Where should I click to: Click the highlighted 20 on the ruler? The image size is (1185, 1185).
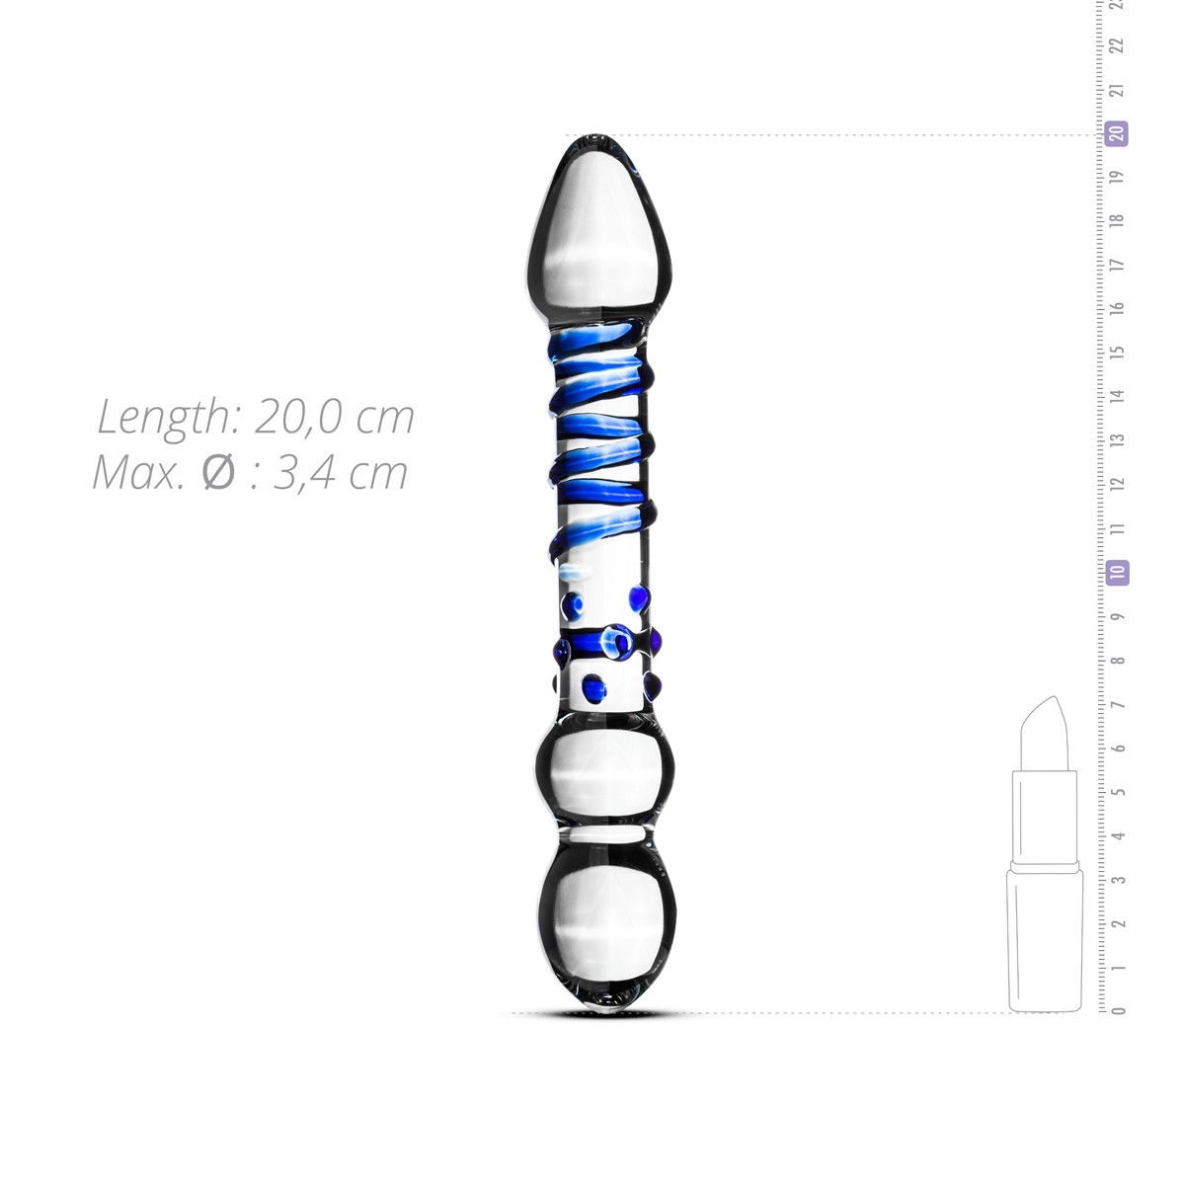[1117, 133]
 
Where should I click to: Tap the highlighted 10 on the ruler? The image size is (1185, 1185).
[1117, 572]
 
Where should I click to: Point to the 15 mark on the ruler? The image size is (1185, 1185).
[1118, 352]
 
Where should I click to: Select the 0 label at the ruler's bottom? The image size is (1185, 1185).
[1118, 1010]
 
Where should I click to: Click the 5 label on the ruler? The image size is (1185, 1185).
[1118, 791]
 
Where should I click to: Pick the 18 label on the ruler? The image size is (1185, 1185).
[1118, 220]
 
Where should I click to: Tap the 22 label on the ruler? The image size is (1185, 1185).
[1118, 45]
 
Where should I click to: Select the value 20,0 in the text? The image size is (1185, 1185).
[294, 418]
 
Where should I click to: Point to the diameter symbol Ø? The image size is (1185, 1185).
[217, 473]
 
